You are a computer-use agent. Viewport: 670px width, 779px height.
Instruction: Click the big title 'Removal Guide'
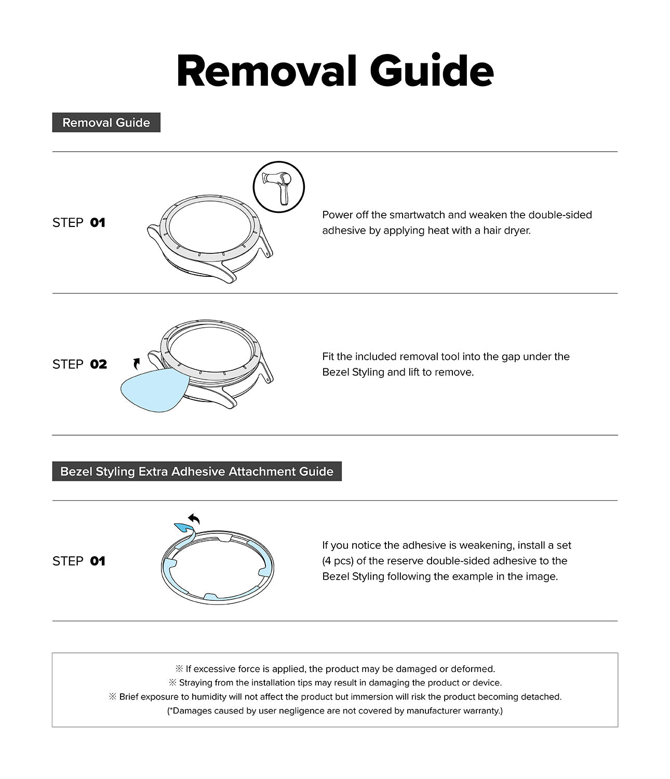pyautogui.click(x=335, y=71)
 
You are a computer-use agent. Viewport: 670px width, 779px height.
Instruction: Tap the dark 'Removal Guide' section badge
pyautogui.click(x=106, y=123)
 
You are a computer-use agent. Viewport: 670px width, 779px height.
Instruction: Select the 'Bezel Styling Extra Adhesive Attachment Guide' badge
pyautogui.click(x=197, y=472)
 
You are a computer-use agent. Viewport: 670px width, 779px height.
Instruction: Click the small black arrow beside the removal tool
pyautogui.click(x=137, y=363)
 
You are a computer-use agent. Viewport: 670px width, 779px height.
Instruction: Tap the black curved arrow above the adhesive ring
pyautogui.click(x=194, y=519)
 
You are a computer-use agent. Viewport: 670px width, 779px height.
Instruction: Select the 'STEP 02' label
pyautogui.click(x=79, y=364)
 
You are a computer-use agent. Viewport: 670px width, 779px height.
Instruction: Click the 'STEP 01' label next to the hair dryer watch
pyautogui.click(x=79, y=223)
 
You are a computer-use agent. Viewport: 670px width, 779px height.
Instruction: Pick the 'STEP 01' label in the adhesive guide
pyautogui.click(x=79, y=561)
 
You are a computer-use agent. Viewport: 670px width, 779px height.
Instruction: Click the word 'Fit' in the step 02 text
pyautogui.click(x=328, y=357)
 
